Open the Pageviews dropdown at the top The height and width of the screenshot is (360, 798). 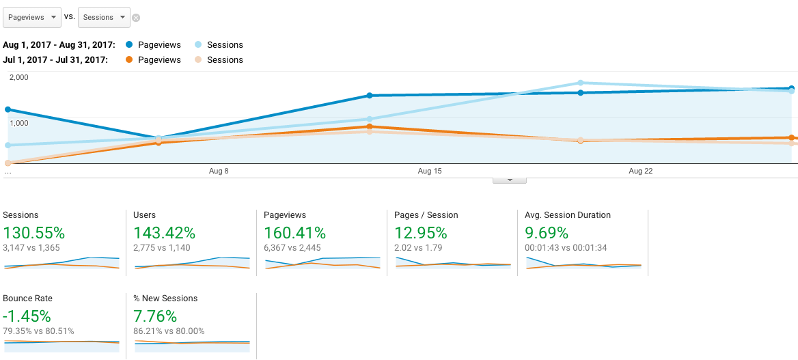point(32,17)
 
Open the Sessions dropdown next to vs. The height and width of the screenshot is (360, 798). point(104,17)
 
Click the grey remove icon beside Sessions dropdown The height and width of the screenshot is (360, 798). point(136,18)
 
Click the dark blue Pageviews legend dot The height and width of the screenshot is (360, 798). point(129,45)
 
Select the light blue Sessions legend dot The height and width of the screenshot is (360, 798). point(199,45)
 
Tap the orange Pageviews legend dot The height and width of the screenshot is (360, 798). point(129,60)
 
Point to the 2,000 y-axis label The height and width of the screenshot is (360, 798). point(19,77)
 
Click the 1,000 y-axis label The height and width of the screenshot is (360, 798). point(19,123)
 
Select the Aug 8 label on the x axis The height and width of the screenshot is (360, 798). point(219,171)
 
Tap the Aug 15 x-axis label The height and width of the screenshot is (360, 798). point(430,171)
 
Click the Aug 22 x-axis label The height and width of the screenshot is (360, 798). point(641,171)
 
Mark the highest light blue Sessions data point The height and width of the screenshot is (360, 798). point(581,83)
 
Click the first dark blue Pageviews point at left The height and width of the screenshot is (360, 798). point(8,109)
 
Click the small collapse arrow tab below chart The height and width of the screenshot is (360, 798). point(510,180)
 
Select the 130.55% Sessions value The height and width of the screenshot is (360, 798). point(34,233)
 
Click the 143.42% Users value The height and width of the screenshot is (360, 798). point(165,233)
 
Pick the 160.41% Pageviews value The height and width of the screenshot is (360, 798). point(294,233)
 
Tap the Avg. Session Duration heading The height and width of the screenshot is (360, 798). point(568,215)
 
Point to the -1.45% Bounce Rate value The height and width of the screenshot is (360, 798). point(27,316)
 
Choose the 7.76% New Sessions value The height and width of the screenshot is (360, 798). point(155,316)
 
